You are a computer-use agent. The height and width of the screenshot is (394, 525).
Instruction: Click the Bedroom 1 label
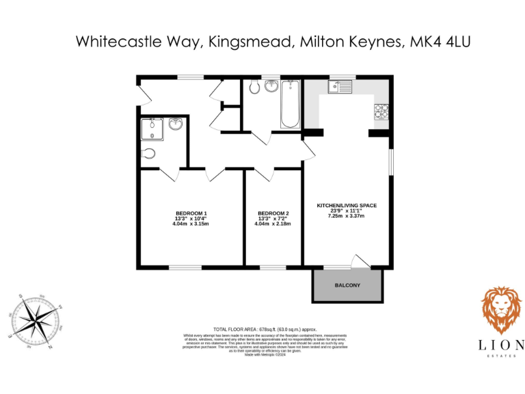[x=191, y=212]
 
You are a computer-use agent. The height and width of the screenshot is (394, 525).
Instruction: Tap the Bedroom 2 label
[x=273, y=212]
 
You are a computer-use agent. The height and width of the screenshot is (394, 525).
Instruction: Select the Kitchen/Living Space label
[x=347, y=205]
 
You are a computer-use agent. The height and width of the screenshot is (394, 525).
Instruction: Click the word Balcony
[x=347, y=285]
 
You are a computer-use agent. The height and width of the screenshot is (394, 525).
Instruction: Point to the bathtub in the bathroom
[x=291, y=105]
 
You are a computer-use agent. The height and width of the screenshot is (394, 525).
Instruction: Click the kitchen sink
[x=339, y=87]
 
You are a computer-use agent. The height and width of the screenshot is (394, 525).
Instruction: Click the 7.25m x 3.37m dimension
[x=347, y=216]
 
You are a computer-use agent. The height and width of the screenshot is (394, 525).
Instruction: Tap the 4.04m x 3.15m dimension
[x=191, y=224]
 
